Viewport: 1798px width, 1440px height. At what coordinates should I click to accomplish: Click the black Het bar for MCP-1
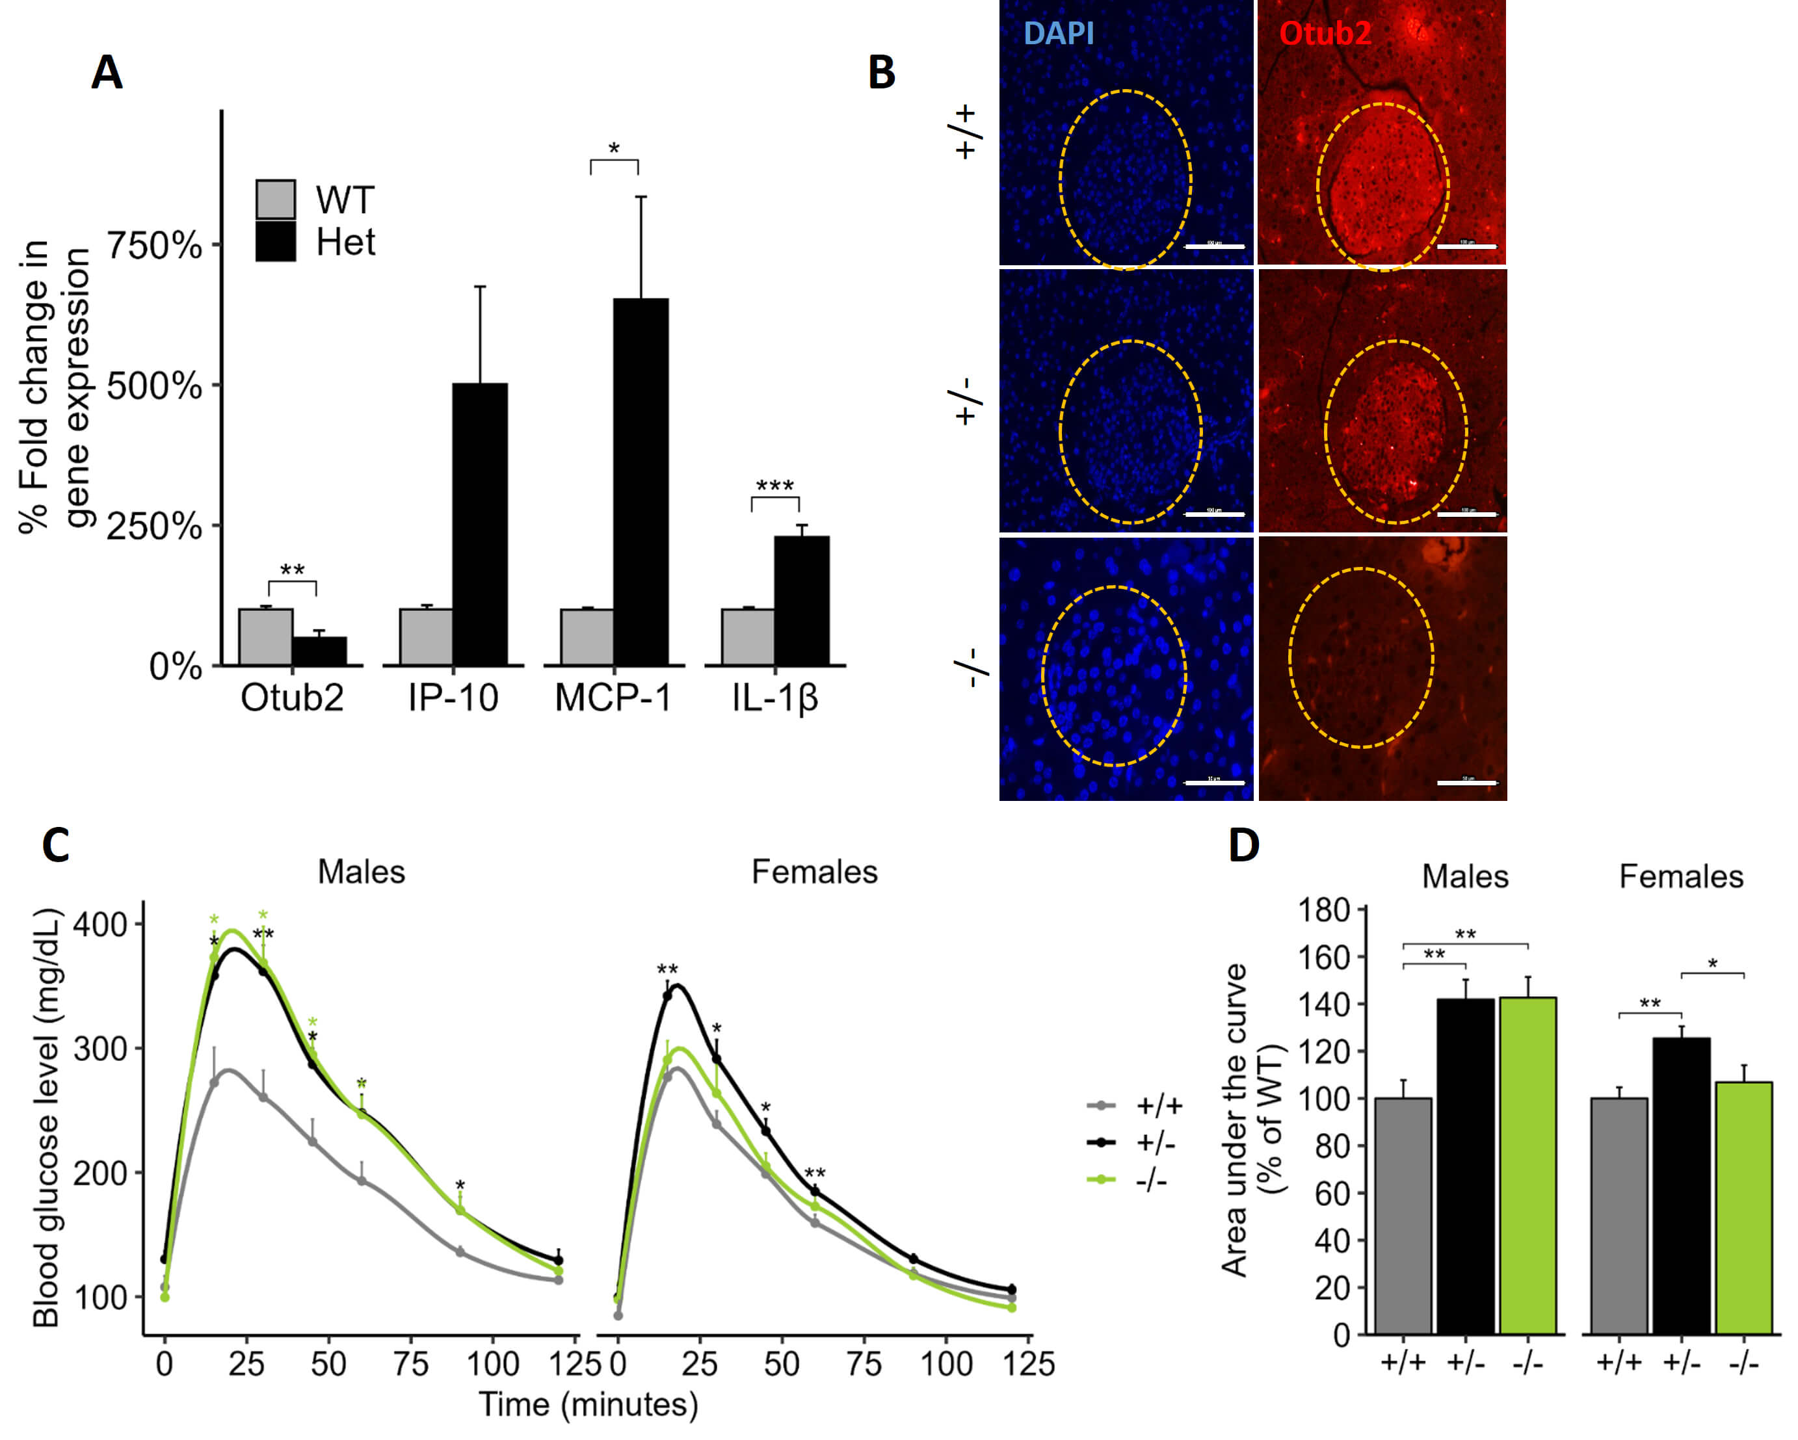point(641,481)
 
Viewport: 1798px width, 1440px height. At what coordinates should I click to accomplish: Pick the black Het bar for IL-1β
point(801,600)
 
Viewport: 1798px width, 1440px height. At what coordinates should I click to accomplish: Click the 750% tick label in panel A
point(154,246)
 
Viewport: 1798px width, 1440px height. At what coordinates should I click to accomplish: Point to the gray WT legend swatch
point(275,200)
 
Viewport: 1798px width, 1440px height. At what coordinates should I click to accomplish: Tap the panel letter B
point(882,73)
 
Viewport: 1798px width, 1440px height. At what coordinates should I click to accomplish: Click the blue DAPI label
point(1057,33)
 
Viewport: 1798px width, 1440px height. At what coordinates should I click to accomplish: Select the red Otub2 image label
point(1325,33)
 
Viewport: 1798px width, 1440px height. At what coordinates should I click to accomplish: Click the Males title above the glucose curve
point(361,872)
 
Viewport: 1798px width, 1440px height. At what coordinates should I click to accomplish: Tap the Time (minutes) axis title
point(588,1404)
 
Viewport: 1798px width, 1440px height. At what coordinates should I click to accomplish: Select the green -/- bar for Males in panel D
point(1527,1165)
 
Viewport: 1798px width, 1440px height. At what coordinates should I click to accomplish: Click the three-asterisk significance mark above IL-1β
point(774,485)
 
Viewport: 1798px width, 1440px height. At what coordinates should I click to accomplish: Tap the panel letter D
point(1243,846)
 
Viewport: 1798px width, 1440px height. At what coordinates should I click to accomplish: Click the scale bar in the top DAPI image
point(1214,247)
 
